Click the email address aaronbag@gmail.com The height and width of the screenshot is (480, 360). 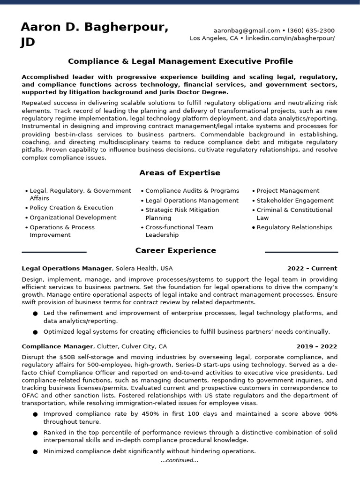pyautogui.click(x=240, y=30)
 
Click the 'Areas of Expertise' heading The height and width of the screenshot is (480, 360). pyautogui.click(x=180, y=173)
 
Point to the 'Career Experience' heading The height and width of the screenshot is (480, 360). pyautogui.click(x=176, y=251)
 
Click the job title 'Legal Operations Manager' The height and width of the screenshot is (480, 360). pyautogui.click(x=67, y=269)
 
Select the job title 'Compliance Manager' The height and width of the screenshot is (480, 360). pyautogui.click(x=57, y=346)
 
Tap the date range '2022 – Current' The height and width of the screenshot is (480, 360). pyautogui.click(x=312, y=269)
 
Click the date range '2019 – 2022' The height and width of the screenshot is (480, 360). pyautogui.click(x=316, y=346)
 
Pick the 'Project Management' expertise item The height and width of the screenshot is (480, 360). pyautogui.click(x=288, y=191)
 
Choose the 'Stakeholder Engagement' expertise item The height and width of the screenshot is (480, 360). pyautogui.click(x=295, y=201)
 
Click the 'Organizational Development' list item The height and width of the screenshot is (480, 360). pyautogui.click(x=73, y=217)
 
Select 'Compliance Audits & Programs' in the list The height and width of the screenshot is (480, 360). pyautogui.click(x=192, y=191)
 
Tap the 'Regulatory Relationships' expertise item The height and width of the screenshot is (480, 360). pyautogui.click(x=294, y=227)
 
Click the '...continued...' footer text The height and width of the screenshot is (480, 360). pyautogui.click(x=180, y=460)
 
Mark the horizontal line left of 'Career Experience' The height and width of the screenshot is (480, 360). pyautogui.click(x=54, y=252)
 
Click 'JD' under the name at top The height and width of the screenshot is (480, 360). pyautogui.click(x=28, y=43)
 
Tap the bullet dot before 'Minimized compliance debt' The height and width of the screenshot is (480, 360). pyautogui.click(x=35, y=452)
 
